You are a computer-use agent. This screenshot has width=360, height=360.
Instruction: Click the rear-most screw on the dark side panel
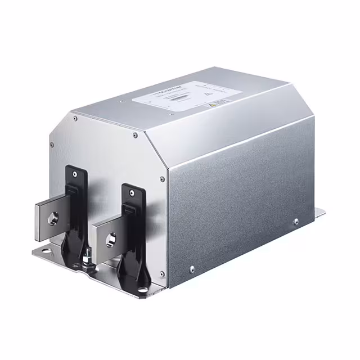296,222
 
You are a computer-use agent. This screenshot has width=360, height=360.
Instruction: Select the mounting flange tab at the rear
318,213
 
